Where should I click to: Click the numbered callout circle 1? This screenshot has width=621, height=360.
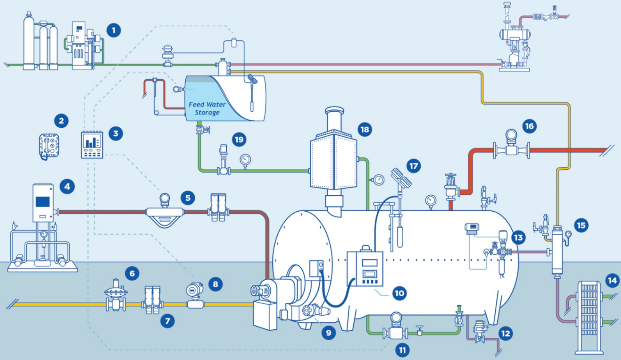point(114,30)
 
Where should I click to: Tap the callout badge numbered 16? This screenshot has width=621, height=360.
point(529,126)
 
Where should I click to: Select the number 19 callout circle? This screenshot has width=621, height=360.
point(239,139)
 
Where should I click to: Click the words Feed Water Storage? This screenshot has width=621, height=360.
point(207,108)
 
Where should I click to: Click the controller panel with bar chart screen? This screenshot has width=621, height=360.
point(92,144)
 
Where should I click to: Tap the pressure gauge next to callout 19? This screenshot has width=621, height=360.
point(245,160)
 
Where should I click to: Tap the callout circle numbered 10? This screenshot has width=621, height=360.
point(399,293)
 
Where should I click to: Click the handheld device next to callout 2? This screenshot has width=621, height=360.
point(49,146)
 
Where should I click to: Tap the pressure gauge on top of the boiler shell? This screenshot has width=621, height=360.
point(430,201)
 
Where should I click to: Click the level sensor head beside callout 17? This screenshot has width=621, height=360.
point(401,178)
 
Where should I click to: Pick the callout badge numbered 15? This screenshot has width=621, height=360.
point(581,225)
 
